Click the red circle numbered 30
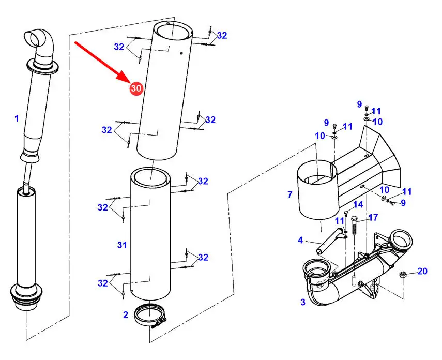[136, 88]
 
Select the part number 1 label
[17, 118]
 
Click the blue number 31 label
[122, 245]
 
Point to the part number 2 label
[126, 314]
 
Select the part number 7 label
[290, 194]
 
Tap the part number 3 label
[303, 302]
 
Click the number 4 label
[300, 240]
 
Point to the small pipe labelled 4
[331, 239]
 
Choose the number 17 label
[373, 218]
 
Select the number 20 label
[422, 271]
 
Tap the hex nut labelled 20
[403, 274]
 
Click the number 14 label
[358, 204]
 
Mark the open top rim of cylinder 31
[150, 169]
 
